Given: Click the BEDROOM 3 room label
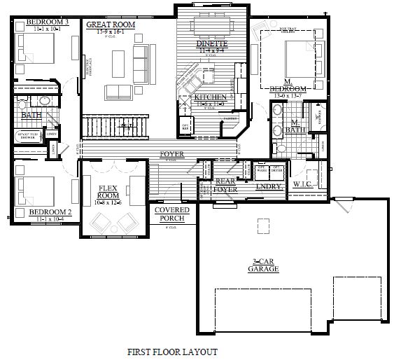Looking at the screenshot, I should coord(48,22).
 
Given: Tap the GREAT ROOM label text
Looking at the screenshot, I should coord(110,25).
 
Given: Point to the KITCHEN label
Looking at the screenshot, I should coord(211,97).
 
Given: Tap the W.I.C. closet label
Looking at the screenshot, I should coord(302,185).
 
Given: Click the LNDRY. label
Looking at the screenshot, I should coord(269,187).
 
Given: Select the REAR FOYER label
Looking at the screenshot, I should coord(226,185).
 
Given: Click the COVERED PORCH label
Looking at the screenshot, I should coord(169,214).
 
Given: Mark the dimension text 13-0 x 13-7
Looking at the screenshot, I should coord(288,95).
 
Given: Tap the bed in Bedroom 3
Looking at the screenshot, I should coord(31,50).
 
